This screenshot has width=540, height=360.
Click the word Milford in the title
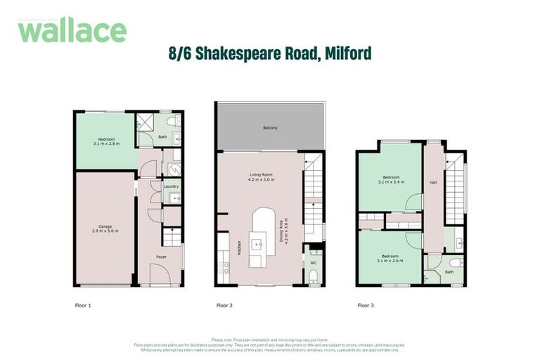point(345,52)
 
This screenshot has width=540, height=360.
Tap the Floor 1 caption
point(84,306)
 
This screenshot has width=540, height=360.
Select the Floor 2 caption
point(224,306)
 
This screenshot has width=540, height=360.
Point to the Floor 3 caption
point(366,306)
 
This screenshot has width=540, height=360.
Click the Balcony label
point(270,127)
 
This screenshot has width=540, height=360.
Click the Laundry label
point(170,187)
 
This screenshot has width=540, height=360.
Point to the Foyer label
point(161,257)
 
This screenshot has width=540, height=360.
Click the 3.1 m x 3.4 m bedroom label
point(391,179)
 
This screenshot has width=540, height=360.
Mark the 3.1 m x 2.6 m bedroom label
point(391,258)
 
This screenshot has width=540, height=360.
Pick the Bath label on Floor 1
point(162,137)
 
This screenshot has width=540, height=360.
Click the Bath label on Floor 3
point(449,271)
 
